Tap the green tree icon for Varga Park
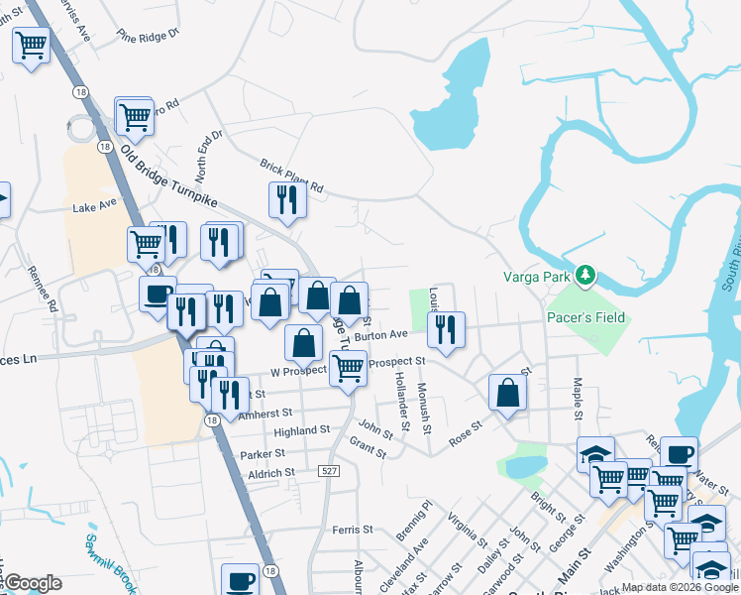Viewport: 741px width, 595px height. point(585,274)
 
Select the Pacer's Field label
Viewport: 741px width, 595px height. point(585,317)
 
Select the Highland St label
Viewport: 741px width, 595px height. point(301,431)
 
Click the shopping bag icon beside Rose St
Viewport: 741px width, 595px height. point(507,392)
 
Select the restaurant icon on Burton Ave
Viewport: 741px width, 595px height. point(447,329)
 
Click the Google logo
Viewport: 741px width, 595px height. point(32,583)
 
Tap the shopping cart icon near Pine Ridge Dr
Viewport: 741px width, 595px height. point(32,45)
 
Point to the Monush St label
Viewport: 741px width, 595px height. point(424,408)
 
